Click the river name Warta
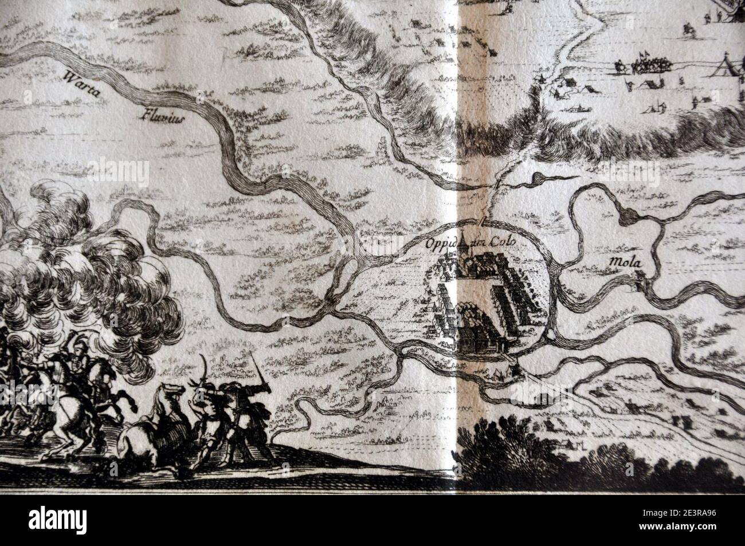tap(79, 84)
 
